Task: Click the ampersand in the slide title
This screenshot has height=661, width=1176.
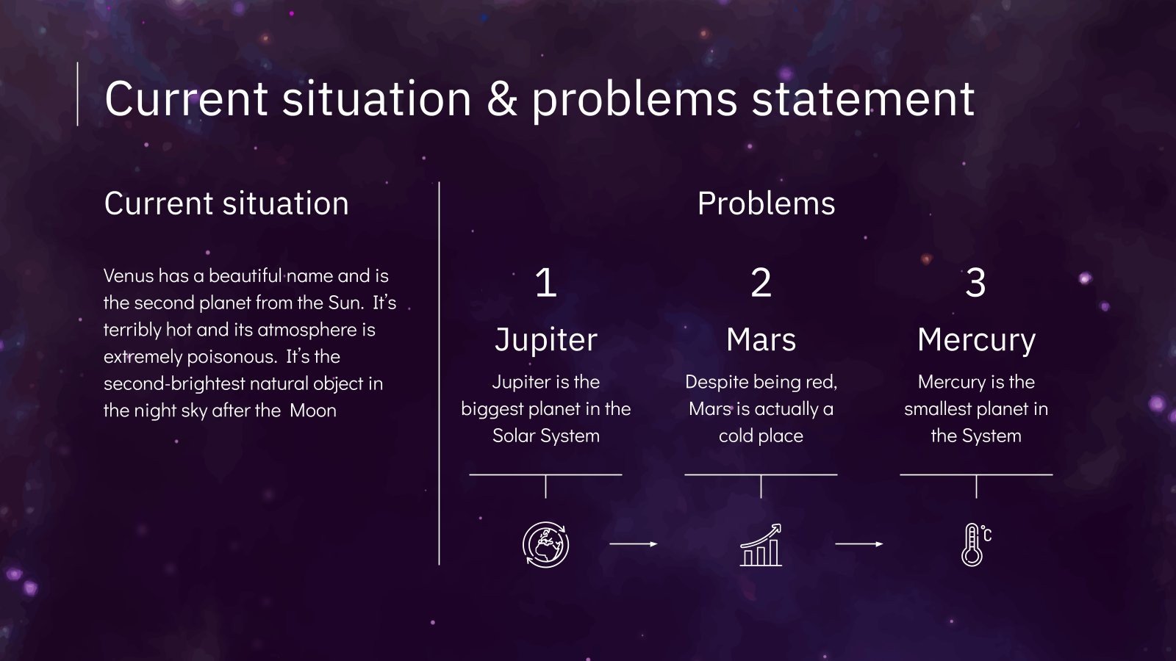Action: pos(502,100)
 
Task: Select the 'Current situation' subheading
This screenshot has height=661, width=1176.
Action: pos(226,203)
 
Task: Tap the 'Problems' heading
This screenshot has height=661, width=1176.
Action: pos(766,203)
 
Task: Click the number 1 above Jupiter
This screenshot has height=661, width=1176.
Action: pos(545,283)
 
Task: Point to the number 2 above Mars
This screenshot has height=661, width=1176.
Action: pos(761,283)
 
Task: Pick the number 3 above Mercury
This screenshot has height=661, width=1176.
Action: pos(975,283)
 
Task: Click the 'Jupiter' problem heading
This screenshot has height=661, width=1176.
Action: pos(545,340)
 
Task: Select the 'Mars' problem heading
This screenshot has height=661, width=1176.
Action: pos(761,340)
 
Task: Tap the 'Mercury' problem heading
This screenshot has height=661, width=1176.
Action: pos(976,340)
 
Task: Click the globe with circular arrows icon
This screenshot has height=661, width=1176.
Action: pos(545,545)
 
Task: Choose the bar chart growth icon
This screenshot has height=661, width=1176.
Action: pos(761,545)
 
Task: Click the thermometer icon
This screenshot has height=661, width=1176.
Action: pos(975,545)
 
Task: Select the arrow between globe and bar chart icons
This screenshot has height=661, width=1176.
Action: pos(633,544)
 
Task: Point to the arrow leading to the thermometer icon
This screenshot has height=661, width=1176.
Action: pos(858,544)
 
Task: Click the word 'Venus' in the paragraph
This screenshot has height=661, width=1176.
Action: pos(128,276)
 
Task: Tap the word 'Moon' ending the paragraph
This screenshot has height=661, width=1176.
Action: pos(312,411)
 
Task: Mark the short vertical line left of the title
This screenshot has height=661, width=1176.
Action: pos(78,94)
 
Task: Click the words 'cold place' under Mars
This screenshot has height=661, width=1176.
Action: pos(761,436)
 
